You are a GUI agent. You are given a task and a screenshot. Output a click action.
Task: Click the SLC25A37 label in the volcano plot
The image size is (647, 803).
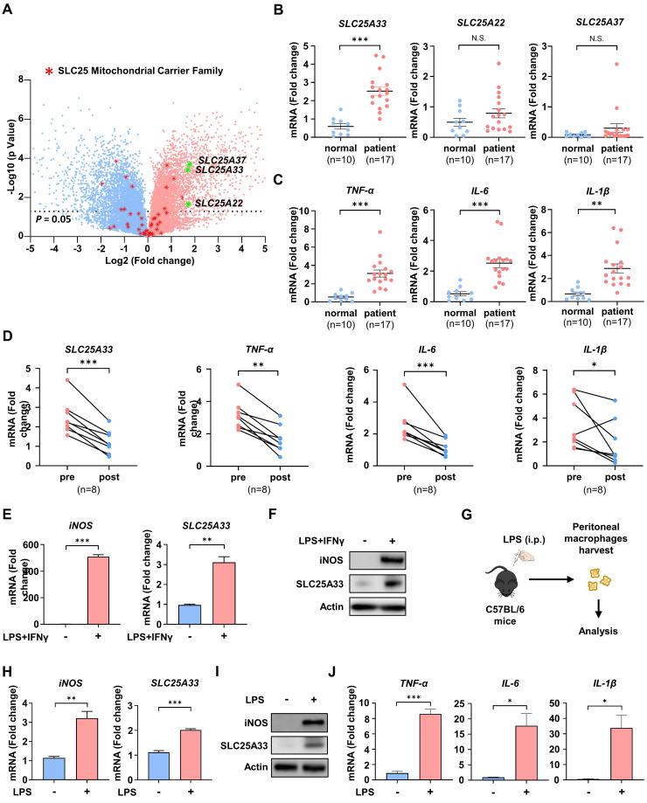tap(221, 160)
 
